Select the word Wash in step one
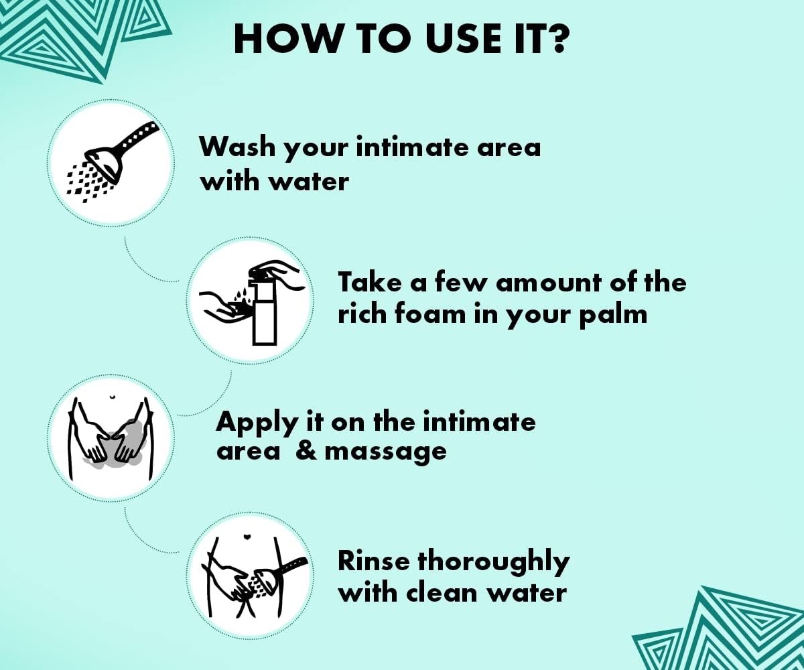click(238, 147)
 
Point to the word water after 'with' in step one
click(308, 182)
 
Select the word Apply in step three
click(257, 424)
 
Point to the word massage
click(386, 453)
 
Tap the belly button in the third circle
click(112, 397)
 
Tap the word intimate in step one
click(411, 147)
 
